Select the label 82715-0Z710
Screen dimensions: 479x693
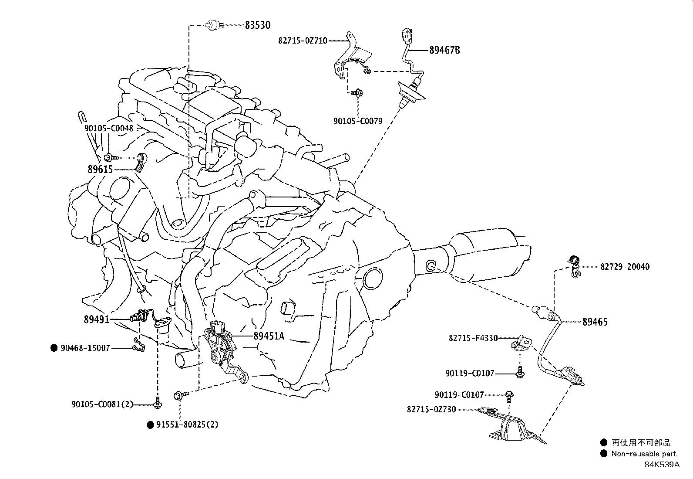(x=303, y=41)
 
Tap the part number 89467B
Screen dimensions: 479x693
(x=444, y=50)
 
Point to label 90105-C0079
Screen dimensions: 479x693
(x=358, y=121)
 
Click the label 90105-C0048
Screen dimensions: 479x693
(x=109, y=128)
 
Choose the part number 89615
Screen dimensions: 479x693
(x=100, y=170)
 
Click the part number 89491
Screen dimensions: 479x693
(x=96, y=319)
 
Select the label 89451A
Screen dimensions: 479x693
(x=269, y=336)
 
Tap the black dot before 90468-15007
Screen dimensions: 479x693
(x=54, y=348)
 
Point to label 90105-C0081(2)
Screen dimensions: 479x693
(x=102, y=404)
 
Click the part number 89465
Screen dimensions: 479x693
(x=595, y=322)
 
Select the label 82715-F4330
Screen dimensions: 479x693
(x=473, y=338)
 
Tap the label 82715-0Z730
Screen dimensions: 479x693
(x=431, y=409)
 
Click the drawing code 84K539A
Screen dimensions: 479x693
(x=662, y=465)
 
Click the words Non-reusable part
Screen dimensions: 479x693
(x=643, y=454)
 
